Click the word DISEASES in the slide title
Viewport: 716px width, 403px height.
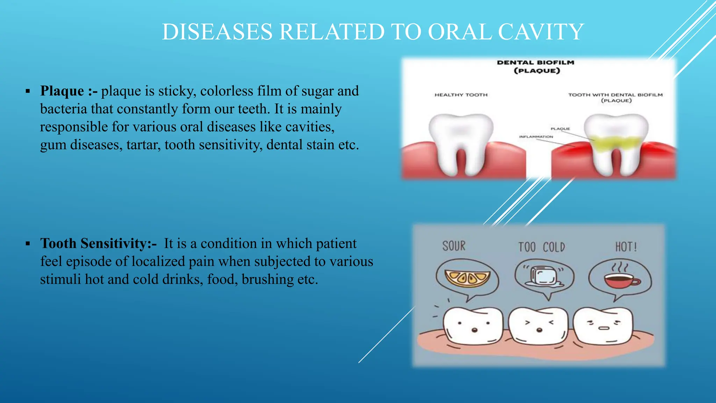(217, 32)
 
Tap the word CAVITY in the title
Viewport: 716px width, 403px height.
(541, 32)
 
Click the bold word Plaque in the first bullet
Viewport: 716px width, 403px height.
(62, 91)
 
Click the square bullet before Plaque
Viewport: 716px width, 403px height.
(28, 92)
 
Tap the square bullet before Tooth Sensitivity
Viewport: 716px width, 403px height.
(28, 244)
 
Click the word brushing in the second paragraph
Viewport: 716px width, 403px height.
(267, 280)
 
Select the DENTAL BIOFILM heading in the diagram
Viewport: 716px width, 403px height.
(536, 63)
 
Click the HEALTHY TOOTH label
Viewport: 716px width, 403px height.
(461, 95)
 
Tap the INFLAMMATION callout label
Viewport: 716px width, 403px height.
(536, 137)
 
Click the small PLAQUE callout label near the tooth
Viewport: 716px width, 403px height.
(560, 129)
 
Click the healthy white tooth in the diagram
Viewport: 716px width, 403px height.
(461, 140)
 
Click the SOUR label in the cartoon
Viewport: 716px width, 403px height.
(454, 246)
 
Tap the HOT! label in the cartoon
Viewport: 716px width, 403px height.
(626, 247)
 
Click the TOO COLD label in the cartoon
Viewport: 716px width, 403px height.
(542, 247)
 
